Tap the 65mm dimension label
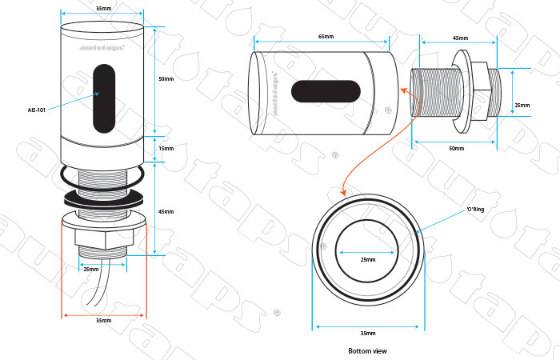[x=325, y=37]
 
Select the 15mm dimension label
[x=166, y=149]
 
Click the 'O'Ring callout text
[x=477, y=210]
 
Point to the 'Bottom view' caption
[x=367, y=350]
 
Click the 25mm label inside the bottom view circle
[x=368, y=260]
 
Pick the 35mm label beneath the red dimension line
[x=103, y=320]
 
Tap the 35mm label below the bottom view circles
[x=368, y=333]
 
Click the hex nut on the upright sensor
[x=103, y=238]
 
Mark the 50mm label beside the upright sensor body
[x=166, y=79]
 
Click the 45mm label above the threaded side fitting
[x=460, y=37]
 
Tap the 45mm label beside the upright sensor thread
[x=166, y=211]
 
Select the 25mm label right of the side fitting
[x=522, y=105]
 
